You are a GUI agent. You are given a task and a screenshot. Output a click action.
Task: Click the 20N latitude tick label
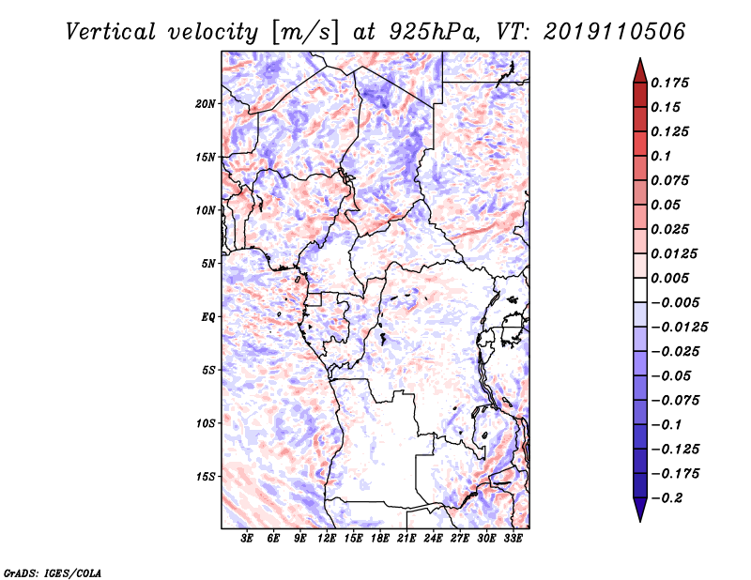pyautogui.click(x=206, y=104)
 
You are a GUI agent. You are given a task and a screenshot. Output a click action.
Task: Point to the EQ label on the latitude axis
pyautogui.click(x=208, y=317)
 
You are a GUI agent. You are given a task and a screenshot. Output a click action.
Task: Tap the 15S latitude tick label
pyautogui.click(x=206, y=477)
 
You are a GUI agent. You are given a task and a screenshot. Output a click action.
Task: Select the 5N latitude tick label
pyautogui.click(x=208, y=264)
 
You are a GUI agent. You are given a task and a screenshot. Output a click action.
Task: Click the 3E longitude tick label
pyautogui.click(x=247, y=539)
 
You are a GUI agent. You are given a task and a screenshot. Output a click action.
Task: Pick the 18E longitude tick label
pyautogui.click(x=380, y=539)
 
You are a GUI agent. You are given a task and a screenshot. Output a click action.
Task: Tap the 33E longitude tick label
pyautogui.click(x=513, y=539)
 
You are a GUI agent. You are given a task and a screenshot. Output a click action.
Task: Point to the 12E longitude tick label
pyautogui.click(x=327, y=539)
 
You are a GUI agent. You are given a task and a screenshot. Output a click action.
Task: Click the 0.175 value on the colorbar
pyautogui.click(x=669, y=83)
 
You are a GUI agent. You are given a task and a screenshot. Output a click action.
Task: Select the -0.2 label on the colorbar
pyautogui.click(x=667, y=498)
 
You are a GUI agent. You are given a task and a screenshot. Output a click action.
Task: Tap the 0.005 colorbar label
pyautogui.click(x=669, y=278)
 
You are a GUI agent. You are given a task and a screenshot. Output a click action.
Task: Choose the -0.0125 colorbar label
pyautogui.click(x=679, y=328)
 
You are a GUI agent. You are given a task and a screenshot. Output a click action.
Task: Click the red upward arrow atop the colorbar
pyautogui.click(x=640, y=71)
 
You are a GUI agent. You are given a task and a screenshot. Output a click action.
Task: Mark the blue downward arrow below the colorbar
pyautogui.click(x=640, y=509)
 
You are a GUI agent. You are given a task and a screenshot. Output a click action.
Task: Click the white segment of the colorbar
pyautogui.click(x=640, y=290)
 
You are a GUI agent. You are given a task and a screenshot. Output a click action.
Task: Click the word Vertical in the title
pyautogui.click(x=111, y=32)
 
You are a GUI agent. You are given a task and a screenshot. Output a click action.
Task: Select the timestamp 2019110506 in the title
pyautogui.click(x=615, y=32)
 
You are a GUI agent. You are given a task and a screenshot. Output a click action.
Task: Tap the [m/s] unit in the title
pyautogui.click(x=306, y=33)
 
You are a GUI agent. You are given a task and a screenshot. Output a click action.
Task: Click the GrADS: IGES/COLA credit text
pyautogui.click(x=53, y=572)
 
